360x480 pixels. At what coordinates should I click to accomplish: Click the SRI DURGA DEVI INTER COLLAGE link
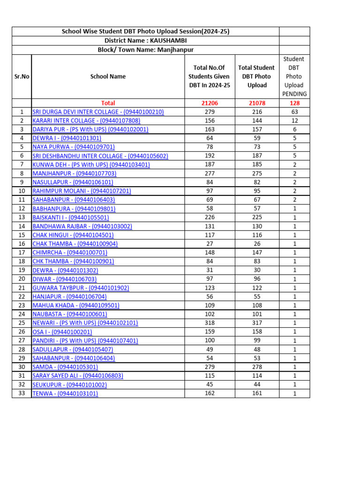(98, 112)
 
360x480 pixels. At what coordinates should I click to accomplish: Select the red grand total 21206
(209, 103)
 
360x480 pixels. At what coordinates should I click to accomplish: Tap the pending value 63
(294, 112)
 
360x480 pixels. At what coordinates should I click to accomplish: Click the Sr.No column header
(22, 76)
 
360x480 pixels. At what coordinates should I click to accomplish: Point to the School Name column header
(108, 76)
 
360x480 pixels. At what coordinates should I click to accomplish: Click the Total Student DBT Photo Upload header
(256, 76)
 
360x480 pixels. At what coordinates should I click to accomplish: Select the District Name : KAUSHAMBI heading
(145, 41)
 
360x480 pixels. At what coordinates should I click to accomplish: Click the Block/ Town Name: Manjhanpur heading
(145, 50)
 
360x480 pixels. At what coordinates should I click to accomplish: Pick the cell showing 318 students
(210, 323)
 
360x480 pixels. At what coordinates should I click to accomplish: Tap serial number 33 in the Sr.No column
(22, 393)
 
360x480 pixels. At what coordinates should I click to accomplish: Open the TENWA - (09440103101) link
(65, 394)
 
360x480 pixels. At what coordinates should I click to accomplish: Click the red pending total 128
(294, 103)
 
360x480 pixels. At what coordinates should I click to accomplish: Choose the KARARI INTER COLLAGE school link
(86, 120)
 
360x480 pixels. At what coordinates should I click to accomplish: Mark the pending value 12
(294, 120)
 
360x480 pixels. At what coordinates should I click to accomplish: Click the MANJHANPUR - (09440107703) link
(74, 173)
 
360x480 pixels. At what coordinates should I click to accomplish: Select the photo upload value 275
(256, 173)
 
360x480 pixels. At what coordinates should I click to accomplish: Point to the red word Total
(108, 103)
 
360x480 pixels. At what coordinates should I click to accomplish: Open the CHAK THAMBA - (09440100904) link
(75, 244)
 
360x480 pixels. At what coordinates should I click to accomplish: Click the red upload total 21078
(256, 103)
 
